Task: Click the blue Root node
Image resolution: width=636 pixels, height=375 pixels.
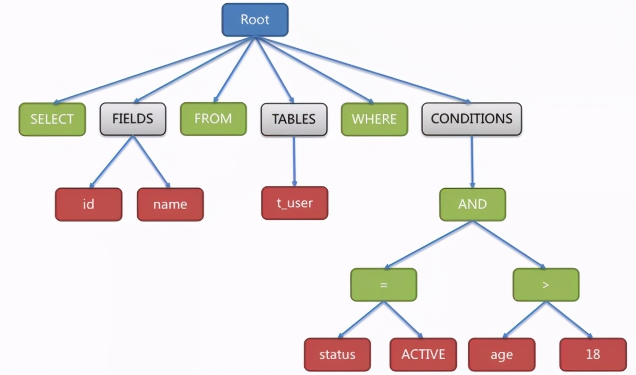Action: (x=255, y=20)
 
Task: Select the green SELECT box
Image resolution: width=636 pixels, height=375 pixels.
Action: (x=52, y=119)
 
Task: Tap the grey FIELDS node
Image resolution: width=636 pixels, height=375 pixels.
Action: (x=133, y=119)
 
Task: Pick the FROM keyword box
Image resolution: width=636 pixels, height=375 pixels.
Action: (x=213, y=119)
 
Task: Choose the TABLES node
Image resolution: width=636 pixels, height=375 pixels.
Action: (x=294, y=119)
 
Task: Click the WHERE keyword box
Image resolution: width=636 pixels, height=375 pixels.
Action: (x=375, y=119)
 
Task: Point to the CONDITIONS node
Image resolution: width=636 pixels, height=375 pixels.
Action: (x=472, y=119)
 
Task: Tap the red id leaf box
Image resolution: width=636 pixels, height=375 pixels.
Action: (x=89, y=204)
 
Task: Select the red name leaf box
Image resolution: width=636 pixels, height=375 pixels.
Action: (x=170, y=204)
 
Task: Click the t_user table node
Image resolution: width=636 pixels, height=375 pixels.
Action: (x=295, y=203)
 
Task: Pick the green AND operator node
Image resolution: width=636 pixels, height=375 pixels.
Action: (x=472, y=204)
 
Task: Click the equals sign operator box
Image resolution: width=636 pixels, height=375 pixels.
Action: (x=384, y=284)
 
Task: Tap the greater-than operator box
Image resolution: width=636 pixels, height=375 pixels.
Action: (x=546, y=284)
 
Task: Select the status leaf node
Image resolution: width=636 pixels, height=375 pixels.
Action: (x=337, y=354)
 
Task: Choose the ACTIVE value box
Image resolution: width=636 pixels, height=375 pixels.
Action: (x=423, y=354)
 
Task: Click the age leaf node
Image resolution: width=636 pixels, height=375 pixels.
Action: (x=502, y=354)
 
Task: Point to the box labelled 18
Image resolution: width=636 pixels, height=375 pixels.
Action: (x=593, y=354)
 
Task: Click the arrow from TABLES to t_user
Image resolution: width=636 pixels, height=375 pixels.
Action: (x=294, y=161)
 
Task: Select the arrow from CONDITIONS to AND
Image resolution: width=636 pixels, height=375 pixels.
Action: (x=472, y=162)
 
